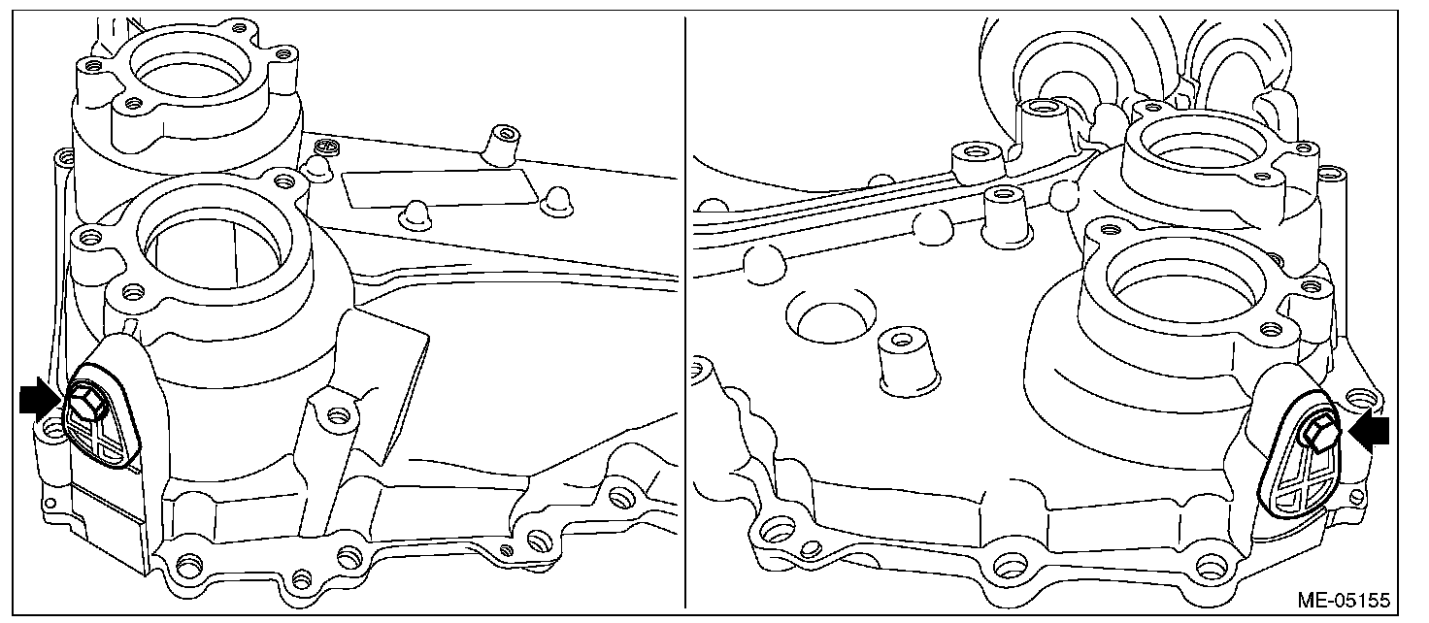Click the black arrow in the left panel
click(40, 400)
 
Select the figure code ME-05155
click(1343, 600)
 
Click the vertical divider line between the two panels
click(684, 311)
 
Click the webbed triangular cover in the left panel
click(103, 424)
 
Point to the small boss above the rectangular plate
click(500, 146)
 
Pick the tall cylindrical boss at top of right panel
click(1045, 126)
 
